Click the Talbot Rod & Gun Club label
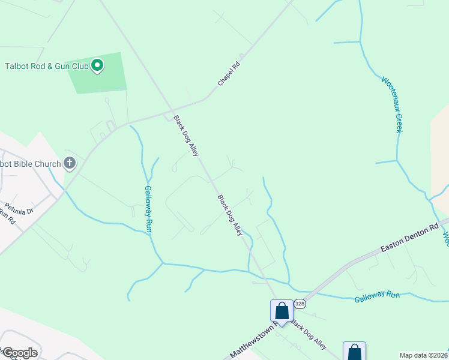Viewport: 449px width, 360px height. pos(47,65)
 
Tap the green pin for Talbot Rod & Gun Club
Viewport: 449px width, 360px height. pos(98,65)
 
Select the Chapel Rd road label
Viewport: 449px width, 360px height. pos(229,74)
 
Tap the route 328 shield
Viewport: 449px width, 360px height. pos(300,304)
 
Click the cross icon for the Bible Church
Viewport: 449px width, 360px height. pos(70,163)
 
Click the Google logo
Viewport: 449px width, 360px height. pos(20,352)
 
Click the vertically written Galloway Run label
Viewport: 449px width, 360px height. pos(149,209)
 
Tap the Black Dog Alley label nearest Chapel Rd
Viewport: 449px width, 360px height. pos(185,136)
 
